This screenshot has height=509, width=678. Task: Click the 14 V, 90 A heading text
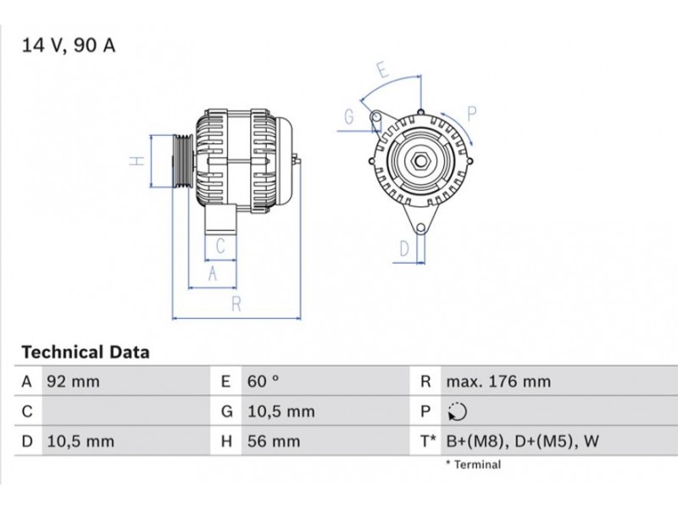69,46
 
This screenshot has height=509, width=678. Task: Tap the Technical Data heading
86,352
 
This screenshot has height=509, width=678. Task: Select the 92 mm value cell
73,382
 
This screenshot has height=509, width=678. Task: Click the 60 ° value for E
263,382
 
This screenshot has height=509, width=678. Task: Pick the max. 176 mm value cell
498,382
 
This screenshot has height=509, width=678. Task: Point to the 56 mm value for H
274,441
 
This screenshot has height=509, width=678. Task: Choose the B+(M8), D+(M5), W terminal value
523,441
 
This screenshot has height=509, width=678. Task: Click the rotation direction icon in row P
458,411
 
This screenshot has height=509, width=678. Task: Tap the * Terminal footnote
474,465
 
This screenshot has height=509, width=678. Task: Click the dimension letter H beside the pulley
137,161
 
